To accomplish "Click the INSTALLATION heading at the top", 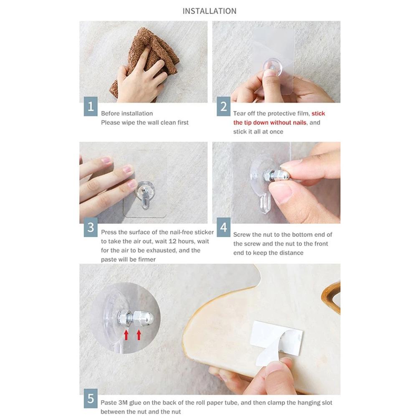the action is (209, 11).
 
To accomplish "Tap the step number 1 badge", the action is (91, 106).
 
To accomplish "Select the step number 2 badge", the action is (223, 106).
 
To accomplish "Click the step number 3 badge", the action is (91, 228).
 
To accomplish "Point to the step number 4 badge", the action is (223, 228).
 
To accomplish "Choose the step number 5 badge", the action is (91, 398).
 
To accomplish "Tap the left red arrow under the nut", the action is (127, 335).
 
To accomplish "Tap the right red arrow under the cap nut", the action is (139, 335).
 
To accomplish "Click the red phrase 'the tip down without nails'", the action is (270, 123).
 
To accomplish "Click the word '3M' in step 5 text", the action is (123, 403).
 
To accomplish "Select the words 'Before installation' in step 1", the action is (127, 114).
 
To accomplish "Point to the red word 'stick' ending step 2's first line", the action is (318, 114).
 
